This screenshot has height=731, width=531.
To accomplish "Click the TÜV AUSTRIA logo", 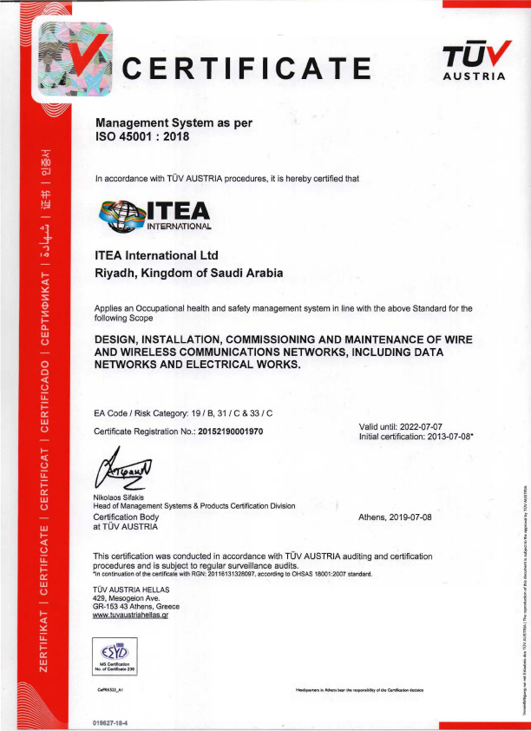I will point(474,62).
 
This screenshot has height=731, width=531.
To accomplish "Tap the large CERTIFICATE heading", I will point(246,68).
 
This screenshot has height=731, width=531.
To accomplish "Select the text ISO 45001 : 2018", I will point(141,136).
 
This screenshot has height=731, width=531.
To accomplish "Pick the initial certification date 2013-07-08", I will point(442,437).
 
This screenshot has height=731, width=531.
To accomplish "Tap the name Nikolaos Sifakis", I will point(125,497).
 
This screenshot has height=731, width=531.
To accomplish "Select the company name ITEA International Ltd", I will point(156,255).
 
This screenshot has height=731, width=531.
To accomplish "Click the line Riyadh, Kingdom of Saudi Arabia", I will point(188,273).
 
